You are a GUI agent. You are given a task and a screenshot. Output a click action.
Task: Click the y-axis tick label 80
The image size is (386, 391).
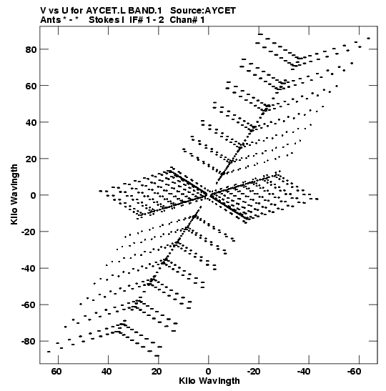[31, 49]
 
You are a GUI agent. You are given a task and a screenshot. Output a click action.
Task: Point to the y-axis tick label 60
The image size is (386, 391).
[31, 86]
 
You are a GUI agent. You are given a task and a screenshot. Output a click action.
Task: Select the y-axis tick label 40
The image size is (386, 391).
[31, 122]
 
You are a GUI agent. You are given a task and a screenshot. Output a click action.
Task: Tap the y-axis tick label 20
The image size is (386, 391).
[31, 159]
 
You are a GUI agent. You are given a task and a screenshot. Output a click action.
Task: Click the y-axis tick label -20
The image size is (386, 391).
[29, 232]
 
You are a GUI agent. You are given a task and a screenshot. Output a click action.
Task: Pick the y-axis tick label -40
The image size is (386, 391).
[29, 269]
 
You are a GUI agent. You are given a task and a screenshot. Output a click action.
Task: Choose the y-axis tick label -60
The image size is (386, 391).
[29, 305]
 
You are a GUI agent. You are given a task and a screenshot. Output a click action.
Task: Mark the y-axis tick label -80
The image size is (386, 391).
[29, 342]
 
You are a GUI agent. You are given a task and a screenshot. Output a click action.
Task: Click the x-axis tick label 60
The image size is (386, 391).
[56, 372]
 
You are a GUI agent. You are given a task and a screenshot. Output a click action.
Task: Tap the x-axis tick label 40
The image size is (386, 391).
[107, 372]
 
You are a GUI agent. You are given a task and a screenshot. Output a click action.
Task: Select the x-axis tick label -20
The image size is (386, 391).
[254, 372]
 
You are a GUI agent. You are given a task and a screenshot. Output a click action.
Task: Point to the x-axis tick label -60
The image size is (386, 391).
[354, 372]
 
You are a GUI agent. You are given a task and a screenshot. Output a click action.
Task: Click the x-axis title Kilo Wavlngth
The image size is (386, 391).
[209, 381]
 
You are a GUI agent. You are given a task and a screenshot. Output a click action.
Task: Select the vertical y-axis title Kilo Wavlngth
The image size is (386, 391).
[14, 194]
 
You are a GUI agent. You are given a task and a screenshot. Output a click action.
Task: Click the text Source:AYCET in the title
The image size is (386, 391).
[203, 11]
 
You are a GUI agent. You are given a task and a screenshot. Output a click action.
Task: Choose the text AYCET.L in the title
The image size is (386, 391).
[106, 11]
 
